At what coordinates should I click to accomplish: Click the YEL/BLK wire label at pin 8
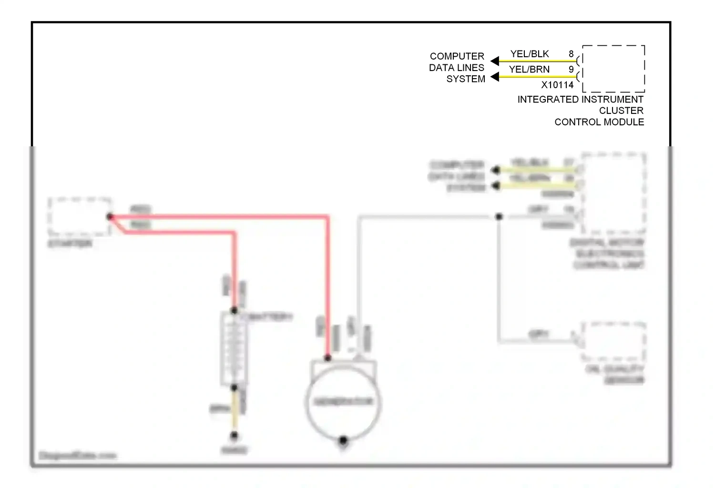(530, 54)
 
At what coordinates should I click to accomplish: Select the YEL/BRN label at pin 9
(529, 70)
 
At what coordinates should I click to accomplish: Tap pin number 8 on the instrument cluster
(571, 54)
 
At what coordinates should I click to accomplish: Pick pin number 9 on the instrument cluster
(571, 70)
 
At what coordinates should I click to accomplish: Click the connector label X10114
(557, 85)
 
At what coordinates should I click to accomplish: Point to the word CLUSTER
(621, 111)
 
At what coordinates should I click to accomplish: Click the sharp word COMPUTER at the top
(457, 56)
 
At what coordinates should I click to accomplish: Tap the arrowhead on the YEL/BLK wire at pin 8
(495, 61)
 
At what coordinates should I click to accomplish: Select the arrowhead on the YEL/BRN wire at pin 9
(495, 77)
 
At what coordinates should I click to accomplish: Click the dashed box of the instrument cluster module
(613, 69)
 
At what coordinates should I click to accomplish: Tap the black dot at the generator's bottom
(343, 441)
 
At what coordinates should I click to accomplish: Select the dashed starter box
(80, 216)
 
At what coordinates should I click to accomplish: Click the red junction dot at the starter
(110, 217)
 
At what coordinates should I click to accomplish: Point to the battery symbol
(233, 349)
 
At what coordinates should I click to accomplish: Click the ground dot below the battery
(234, 435)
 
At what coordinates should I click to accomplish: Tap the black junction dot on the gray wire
(499, 217)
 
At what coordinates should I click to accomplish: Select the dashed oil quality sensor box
(614, 341)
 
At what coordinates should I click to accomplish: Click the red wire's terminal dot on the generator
(328, 357)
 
